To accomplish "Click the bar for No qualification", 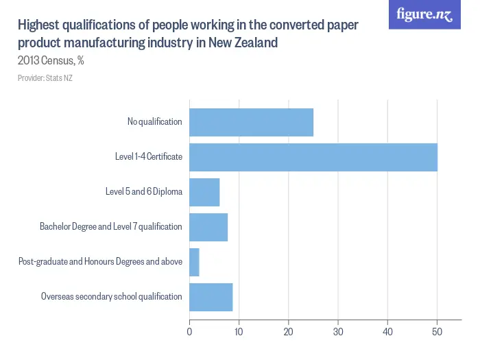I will (x=251, y=122).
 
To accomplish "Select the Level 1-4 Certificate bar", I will (x=313, y=157).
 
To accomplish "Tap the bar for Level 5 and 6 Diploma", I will (x=204, y=192).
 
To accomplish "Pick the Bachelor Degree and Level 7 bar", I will (x=208, y=227).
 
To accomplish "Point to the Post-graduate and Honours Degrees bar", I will (x=194, y=262).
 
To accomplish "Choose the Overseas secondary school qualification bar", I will (x=211, y=297).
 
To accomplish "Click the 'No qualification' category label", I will (x=154, y=122).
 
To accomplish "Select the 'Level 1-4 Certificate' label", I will (x=148, y=157).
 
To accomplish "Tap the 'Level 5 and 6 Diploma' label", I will (x=148, y=192).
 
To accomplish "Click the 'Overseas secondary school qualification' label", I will (x=111, y=297).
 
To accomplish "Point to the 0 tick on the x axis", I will (x=189, y=332).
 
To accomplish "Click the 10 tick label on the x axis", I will (x=239, y=332).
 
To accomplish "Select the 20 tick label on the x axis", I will (x=288, y=332).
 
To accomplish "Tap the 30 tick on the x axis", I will (x=338, y=332).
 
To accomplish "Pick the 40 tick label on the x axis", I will (x=387, y=332).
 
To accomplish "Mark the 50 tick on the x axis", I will (x=437, y=332).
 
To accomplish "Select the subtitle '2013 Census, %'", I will (x=51, y=60).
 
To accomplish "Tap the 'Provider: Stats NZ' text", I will (x=45, y=78).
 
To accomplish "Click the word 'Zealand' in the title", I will (x=254, y=43).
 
